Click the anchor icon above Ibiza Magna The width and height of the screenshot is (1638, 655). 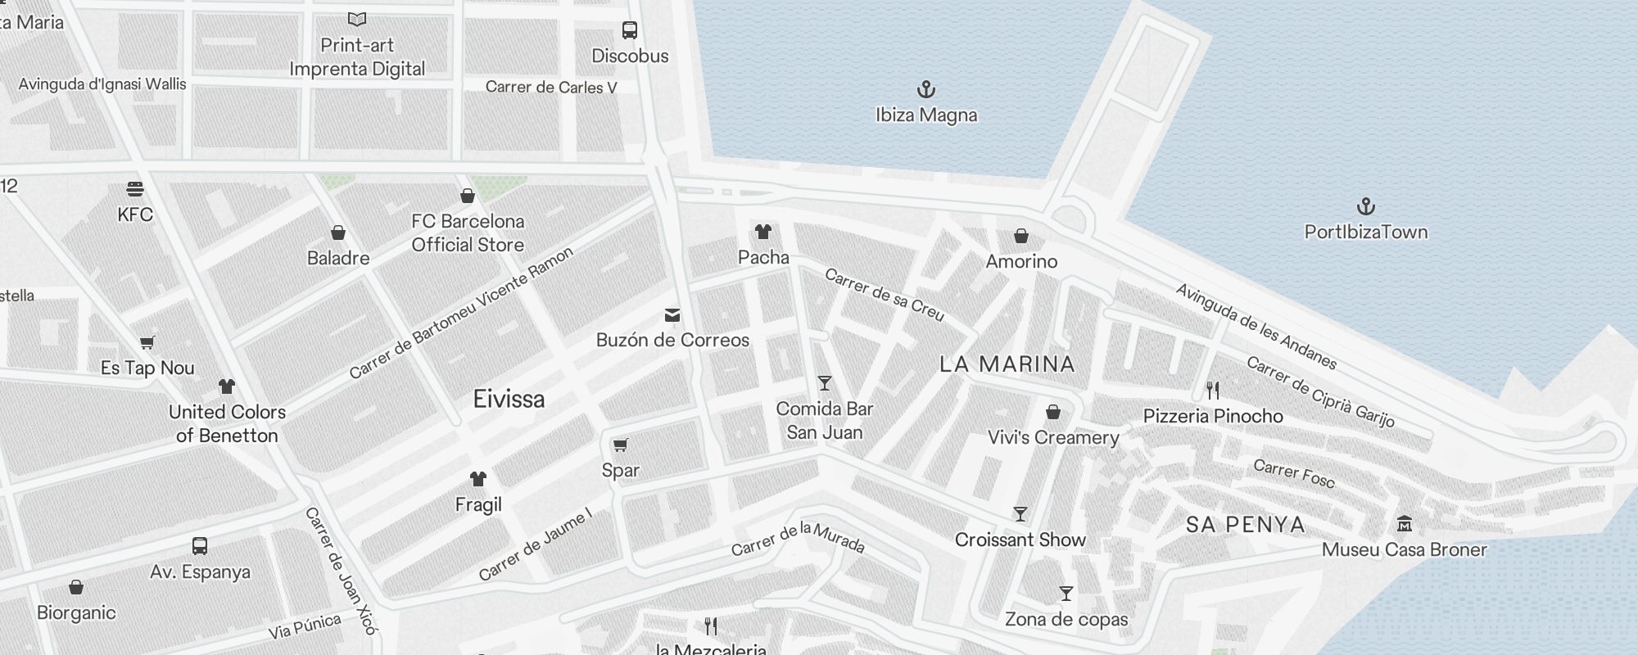(x=925, y=88)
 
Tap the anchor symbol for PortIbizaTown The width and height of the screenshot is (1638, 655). (x=1365, y=206)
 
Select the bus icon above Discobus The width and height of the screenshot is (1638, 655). (x=629, y=30)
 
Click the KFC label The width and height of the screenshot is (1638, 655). (x=135, y=215)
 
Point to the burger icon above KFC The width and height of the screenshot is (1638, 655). (x=135, y=189)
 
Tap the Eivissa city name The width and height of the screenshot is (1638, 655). (x=509, y=399)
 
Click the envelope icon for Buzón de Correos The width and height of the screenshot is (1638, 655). (x=672, y=315)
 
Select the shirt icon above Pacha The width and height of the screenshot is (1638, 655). (x=763, y=232)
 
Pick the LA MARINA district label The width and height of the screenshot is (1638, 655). (x=1007, y=364)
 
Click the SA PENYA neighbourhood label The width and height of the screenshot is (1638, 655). (x=1246, y=525)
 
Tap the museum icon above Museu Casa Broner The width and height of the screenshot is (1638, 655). (x=1404, y=523)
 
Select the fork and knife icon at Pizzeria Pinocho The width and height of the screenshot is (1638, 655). (x=1213, y=390)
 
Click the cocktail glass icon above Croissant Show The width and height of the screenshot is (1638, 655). (x=1020, y=514)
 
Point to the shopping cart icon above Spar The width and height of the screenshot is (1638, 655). (x=620, y=445)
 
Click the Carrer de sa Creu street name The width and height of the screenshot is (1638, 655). (x=885, y=295)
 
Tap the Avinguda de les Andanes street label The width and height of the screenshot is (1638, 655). (x=1256, y=326)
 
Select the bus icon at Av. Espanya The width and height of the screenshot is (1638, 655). (x=199, y=545)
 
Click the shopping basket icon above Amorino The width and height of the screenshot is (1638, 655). (x=1020, y=236)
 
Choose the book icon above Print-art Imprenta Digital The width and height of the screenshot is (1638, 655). (x=356, y=19)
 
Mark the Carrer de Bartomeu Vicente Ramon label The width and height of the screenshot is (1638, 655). (x=461, y=314)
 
